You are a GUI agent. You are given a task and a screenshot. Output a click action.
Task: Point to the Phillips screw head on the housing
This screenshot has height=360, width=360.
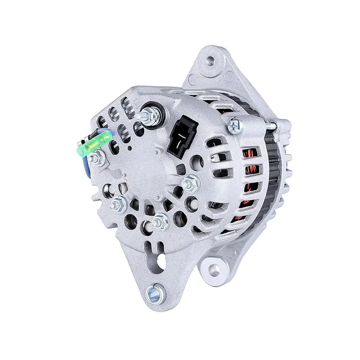pos(235,125)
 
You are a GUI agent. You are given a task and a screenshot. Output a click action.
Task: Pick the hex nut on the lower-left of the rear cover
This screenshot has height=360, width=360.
pos(119,204)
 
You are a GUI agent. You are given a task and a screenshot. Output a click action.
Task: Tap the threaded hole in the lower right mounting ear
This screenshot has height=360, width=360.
pos(214,270)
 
